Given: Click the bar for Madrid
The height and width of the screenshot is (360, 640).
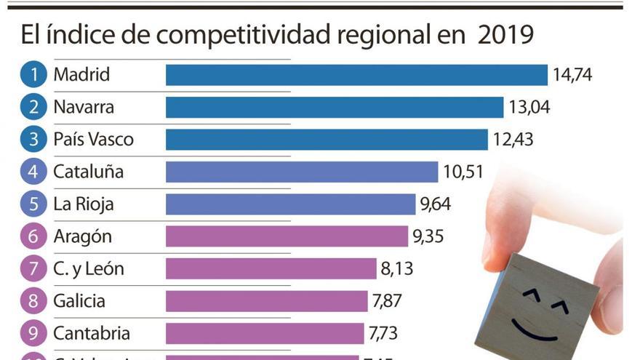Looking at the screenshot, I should [x=356, y=75].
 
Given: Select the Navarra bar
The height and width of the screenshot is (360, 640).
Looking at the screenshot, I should [x=335, y=108].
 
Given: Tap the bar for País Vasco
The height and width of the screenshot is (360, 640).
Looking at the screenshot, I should [x=327, y=140].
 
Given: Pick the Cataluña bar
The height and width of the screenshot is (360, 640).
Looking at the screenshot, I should [x=302, y=172].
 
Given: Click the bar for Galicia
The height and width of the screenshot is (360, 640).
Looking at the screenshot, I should [x=267, y=301].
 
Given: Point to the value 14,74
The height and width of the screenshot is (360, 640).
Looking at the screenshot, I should [x=572, y=75].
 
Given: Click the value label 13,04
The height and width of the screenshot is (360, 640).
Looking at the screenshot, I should [x=529, y=108].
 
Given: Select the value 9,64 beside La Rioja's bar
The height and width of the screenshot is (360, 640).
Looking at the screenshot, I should [x=435, y=204].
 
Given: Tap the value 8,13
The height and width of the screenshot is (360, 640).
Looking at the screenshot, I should [x=396, y=269].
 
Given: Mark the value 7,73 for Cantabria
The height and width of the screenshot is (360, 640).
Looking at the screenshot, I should [x=383, y=333].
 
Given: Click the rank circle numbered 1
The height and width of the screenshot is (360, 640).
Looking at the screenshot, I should [x=33, y=75].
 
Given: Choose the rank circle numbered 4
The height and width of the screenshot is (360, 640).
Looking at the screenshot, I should [x=33, y=172].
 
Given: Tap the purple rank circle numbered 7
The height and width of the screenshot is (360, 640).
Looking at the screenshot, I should [x=33, y=269].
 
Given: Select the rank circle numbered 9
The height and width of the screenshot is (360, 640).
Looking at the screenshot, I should [x=33, y=334].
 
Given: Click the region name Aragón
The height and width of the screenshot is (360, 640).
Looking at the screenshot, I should [x=82, y=237].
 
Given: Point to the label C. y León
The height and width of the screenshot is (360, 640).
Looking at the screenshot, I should [x=89, y=269].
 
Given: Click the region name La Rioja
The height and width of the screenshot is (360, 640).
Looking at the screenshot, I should [x=84, y=204].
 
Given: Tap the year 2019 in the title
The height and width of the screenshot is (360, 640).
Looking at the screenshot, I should [x=505, y=34].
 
